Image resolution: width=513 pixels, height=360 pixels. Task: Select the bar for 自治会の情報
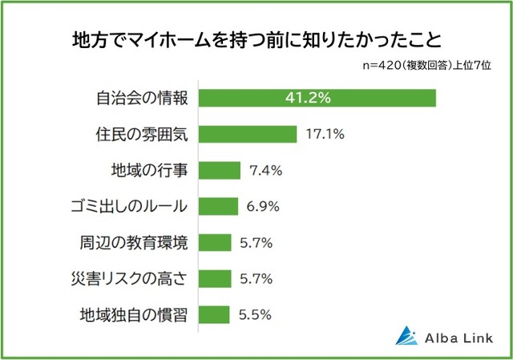(317, 98)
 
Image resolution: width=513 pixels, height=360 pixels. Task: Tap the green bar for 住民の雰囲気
(248, 134)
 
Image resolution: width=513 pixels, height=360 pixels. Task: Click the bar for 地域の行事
(219, 170)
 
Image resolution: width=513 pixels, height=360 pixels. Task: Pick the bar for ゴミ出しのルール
(218, 206)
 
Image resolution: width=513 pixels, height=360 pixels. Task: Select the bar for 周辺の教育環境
(214, 242)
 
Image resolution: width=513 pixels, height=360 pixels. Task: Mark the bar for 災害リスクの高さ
(214, 278)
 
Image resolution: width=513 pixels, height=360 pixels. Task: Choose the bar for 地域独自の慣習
(213, 313)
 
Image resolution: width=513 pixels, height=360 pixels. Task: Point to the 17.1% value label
(325, 134)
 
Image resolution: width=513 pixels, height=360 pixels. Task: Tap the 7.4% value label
(265, 170)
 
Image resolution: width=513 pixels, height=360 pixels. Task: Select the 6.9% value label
(263, 206)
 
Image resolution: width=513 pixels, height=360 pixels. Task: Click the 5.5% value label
(256, 313)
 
